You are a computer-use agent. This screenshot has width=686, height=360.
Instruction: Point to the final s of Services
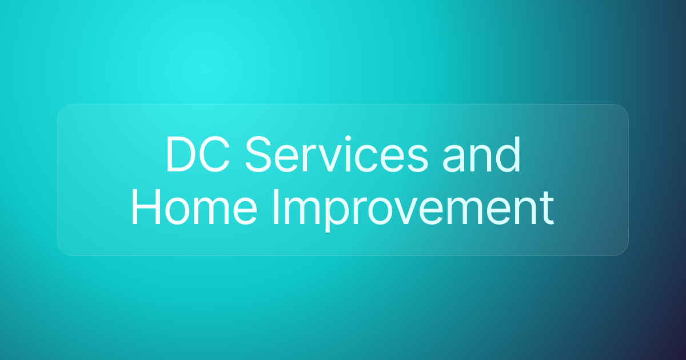tap(419, 159)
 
